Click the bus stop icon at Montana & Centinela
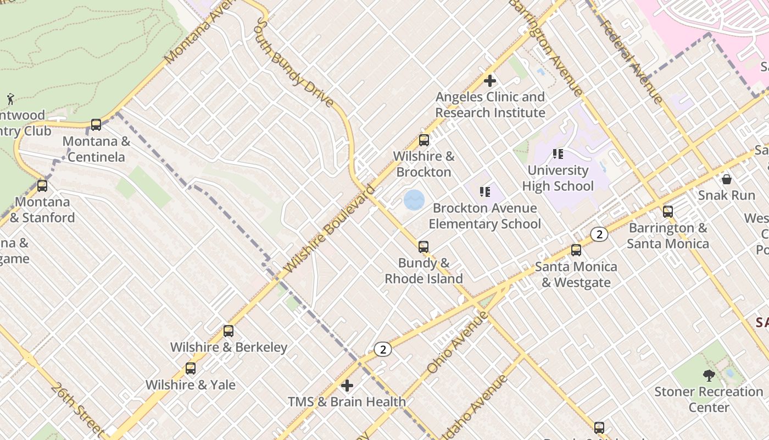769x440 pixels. tap(96, 125)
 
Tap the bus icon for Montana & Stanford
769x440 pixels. tap(42, 186)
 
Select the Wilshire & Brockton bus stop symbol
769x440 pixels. tap(423, 140)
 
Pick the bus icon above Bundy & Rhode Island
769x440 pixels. tap(423, 247)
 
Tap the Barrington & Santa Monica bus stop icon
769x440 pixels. tap(668, 212)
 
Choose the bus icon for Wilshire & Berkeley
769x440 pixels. tap(229, 331)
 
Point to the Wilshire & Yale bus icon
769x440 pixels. tap(191, 369)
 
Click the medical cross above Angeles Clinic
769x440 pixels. tap(490, 81)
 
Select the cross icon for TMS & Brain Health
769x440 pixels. tap(347, 386)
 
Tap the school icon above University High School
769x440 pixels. tap(558, 154)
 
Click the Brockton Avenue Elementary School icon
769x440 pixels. tap(484, 192)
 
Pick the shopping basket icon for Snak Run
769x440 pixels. tap(727, 179)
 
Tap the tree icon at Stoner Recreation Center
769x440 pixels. tap(709, 376)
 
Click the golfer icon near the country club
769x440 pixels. tap(10, 99)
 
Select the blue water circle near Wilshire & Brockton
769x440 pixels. tap(414, 200)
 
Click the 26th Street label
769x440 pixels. tap(77, 408)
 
